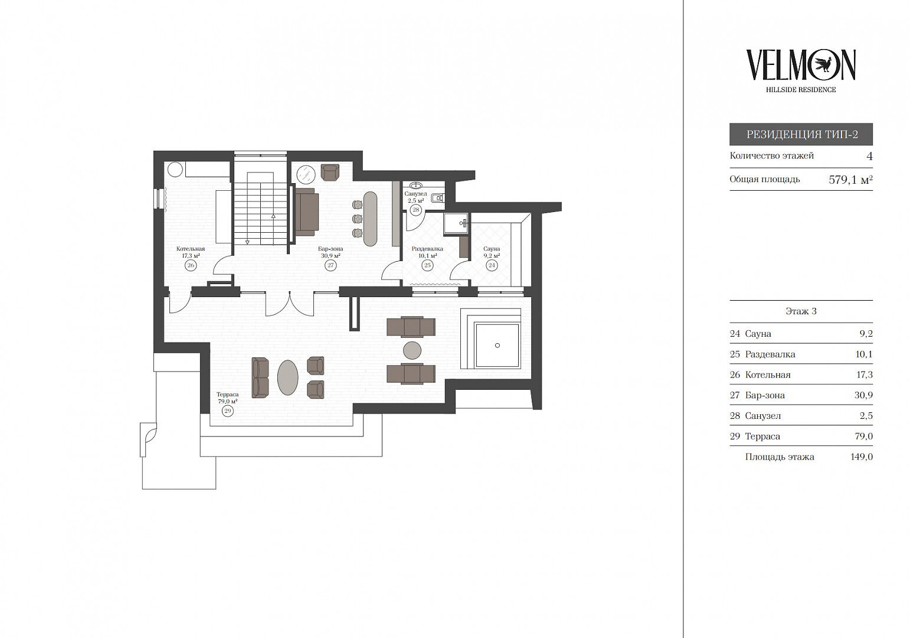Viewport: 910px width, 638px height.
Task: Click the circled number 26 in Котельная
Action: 191,265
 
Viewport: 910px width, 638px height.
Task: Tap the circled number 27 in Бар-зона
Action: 330,265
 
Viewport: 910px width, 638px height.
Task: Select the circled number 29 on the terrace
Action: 228,411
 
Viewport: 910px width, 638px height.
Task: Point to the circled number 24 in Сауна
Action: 492,265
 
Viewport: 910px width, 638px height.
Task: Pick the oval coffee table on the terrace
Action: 287,377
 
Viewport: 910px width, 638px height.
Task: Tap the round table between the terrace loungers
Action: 411,350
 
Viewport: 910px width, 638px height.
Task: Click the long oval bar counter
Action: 370,219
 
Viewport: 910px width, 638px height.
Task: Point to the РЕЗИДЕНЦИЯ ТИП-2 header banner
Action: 801,134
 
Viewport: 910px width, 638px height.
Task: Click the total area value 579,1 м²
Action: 850,180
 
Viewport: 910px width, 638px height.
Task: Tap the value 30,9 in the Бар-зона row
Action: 864,395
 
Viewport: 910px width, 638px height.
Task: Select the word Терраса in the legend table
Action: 762,437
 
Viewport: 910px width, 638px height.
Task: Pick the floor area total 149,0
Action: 862,457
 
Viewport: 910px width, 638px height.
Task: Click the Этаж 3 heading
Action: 801,311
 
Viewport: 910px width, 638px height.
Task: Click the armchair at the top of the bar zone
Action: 330,172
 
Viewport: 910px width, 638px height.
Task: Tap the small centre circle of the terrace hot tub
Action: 497,346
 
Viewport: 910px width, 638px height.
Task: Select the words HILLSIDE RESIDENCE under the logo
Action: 801,90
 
